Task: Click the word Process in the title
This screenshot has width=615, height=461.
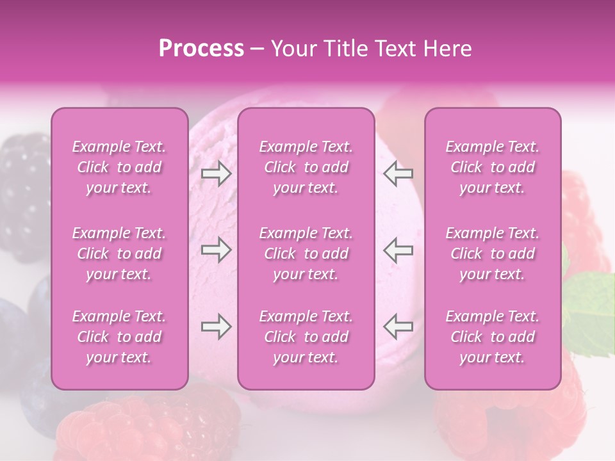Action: coord(201,49)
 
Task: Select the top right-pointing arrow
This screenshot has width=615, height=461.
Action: coord(217,174)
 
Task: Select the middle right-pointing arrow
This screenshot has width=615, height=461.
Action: coord(217,250)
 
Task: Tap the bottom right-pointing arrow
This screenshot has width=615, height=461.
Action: coord(217,327)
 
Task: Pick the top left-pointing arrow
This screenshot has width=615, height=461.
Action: coord(398,174)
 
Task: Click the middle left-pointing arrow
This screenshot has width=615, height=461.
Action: coord(398,250)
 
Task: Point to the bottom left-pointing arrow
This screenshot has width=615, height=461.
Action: coord(398,327)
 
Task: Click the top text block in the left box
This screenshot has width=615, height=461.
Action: coord(119,167)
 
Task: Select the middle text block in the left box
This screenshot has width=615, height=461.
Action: coord(119,254)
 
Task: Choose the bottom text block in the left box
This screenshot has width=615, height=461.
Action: coord(119,337)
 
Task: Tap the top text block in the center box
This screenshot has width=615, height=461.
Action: coord(306,167)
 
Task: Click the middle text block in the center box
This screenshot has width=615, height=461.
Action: coord(306,254)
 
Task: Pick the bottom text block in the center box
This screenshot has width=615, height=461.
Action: coord(306,337)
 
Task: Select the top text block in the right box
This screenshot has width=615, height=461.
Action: coord(492,167)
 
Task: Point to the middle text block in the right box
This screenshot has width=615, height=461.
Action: coord(492,254)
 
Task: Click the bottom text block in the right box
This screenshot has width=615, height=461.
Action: coord(492,337)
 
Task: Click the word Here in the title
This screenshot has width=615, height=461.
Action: coord(447,49)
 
